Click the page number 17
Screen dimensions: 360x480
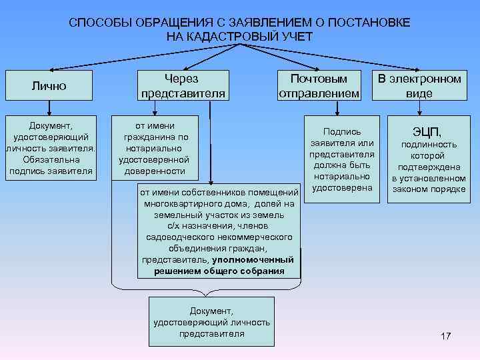(445, 336)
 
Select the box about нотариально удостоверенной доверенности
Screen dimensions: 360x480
(154, 148)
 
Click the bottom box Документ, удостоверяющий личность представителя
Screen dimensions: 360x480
(211, 321)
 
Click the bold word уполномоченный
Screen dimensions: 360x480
(253, 259)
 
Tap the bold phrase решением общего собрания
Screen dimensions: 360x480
(219, 271)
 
